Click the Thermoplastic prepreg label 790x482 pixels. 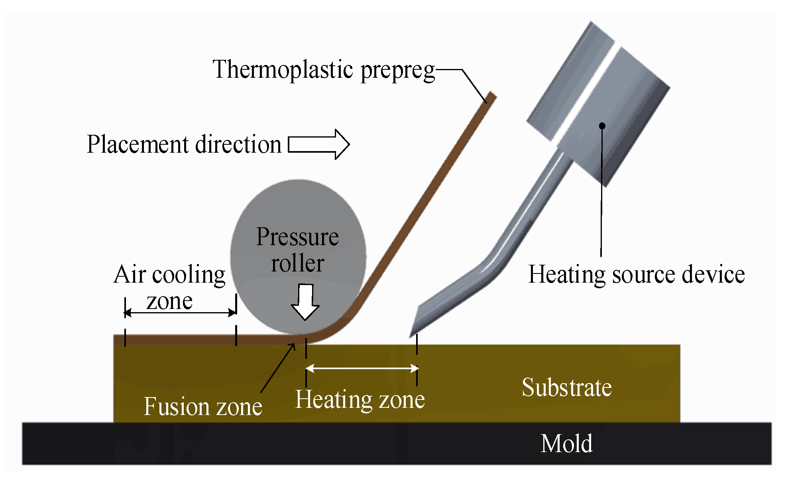point(323,70)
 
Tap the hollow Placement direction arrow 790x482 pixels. point(318,144)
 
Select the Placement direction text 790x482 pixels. point(184,144)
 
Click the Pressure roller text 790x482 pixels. point(297,250)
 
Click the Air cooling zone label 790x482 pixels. point(170,287)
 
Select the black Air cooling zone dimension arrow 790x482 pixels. point(181,313)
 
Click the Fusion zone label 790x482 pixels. point(203,407)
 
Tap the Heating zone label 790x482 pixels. point(360,399)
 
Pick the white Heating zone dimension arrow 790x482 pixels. point(362,368)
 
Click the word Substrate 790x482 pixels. point(566,388)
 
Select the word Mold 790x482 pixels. point(566,444)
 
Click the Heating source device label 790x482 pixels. point(636,275)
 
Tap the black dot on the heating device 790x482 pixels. point(602,126)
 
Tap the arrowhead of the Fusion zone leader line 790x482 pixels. point(294,345)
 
